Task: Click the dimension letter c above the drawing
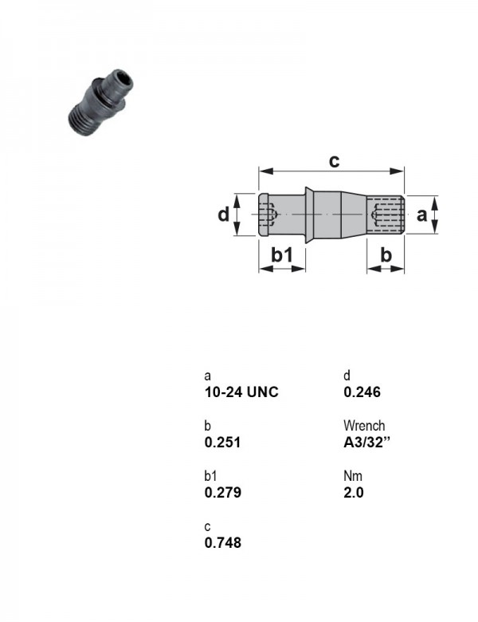click(x=334, y=161)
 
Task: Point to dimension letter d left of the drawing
click(x=224, y=215)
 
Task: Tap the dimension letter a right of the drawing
click(x=421, y=215)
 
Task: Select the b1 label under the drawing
click(x=282, y=254)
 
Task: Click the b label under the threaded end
click(x=386, y=254)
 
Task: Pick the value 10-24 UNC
click(x=241, y=392)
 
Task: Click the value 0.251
click(x=223, y=443)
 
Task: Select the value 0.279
click(x=223, y=493)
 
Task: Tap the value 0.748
click(x=223, y=543)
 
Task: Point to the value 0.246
click(x=362, y=392)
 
